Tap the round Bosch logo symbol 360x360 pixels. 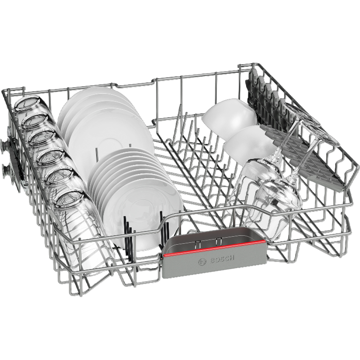tap(202, 262)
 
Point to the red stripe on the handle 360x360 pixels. tap(214, 248)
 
